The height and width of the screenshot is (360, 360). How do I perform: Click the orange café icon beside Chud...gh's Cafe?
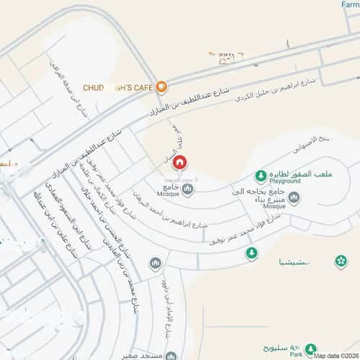[x=161, y=87]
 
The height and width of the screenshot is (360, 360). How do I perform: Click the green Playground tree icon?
[x=260, y=176]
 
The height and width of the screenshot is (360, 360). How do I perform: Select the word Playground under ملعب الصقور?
[x=282, y=182]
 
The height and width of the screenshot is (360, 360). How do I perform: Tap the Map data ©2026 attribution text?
[x=335, y=354]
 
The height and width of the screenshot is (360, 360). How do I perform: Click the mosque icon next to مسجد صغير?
[x=170, y=356]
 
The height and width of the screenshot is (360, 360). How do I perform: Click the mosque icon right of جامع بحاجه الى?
[x=294, y=197]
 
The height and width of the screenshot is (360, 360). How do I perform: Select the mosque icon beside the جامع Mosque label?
[x=187, y=189]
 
